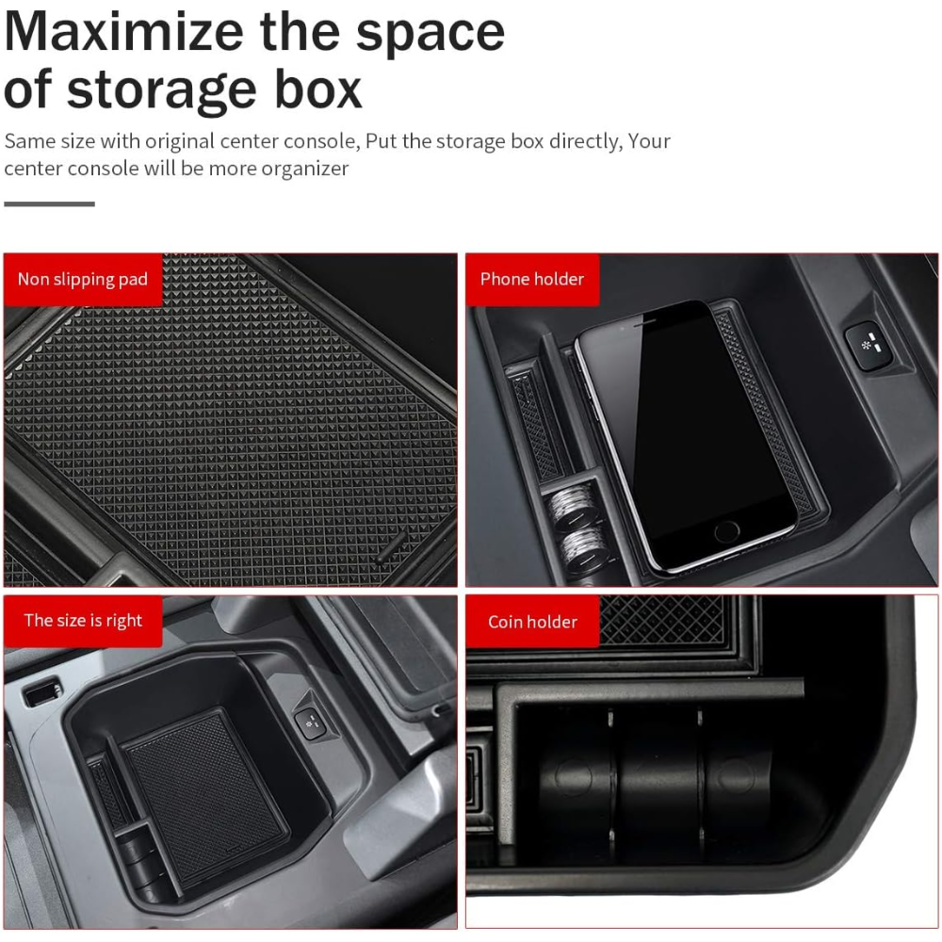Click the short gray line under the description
(49, 204)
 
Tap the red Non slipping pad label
(83, 280)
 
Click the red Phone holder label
(532, 280)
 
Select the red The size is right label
(83, 621)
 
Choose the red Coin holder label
(532, 621)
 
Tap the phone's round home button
(726, 531)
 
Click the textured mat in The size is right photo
(203, 798)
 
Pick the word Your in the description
(649, 141)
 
